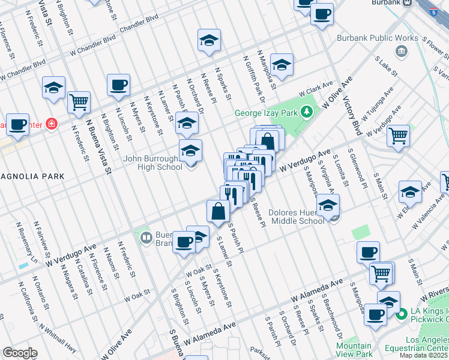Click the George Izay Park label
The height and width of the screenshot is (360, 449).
tap(267, 112)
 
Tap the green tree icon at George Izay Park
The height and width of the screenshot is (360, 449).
tap(307, 112)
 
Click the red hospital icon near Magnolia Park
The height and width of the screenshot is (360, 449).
tap(52, 125)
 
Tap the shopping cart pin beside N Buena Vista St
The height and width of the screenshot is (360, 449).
tap(79, 103)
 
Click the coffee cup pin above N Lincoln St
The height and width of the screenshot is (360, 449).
tap(118, 85)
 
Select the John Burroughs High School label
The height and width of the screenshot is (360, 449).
tap(153, 163)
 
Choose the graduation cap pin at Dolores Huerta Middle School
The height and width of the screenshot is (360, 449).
tap(328, 205)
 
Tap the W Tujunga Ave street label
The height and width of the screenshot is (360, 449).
tap(381, 97)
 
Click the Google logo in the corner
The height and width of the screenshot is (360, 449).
tap(20, 353)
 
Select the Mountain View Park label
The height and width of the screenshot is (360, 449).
tap(354, 349)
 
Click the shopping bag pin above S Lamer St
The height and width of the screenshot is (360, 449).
tap(218, 211)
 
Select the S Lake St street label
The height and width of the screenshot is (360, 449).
tap(386, 67)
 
